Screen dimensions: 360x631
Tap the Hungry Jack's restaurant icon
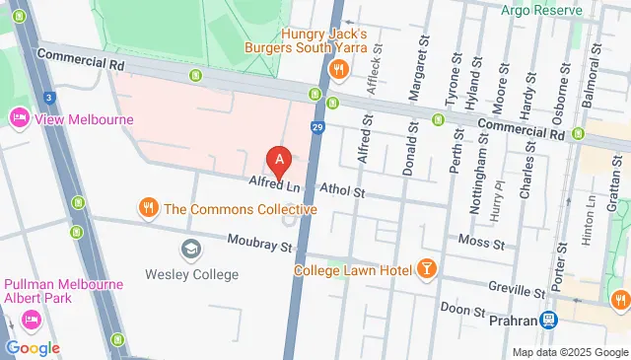click(x=338, y=68)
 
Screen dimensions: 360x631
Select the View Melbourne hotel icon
click(x=19, y=119)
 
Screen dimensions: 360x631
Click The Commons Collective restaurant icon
click(x=148, y=208)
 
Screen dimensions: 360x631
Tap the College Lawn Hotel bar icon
click(x=426, y=268)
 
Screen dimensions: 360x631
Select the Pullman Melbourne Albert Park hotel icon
click(x=30, y=320)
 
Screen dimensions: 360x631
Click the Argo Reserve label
click(x=542, y=11)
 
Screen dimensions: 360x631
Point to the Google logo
click(x=33, y=347)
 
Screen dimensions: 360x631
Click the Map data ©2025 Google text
click(x=569, y=352)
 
